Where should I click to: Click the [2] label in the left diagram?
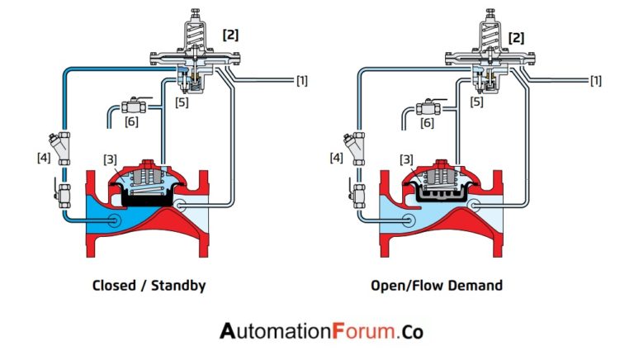point(232,35)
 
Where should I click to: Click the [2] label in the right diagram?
point(517,37)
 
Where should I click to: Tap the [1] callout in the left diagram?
point(302,80)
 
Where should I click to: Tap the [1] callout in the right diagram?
point(594,80)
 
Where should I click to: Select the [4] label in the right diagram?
point(337,157)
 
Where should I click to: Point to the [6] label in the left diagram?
point(132,121)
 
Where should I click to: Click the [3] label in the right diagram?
point(405,159)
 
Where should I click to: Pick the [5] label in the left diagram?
point(182,102)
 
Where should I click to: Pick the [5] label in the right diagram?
point(476,102)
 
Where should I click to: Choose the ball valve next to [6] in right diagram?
point(427,107)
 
